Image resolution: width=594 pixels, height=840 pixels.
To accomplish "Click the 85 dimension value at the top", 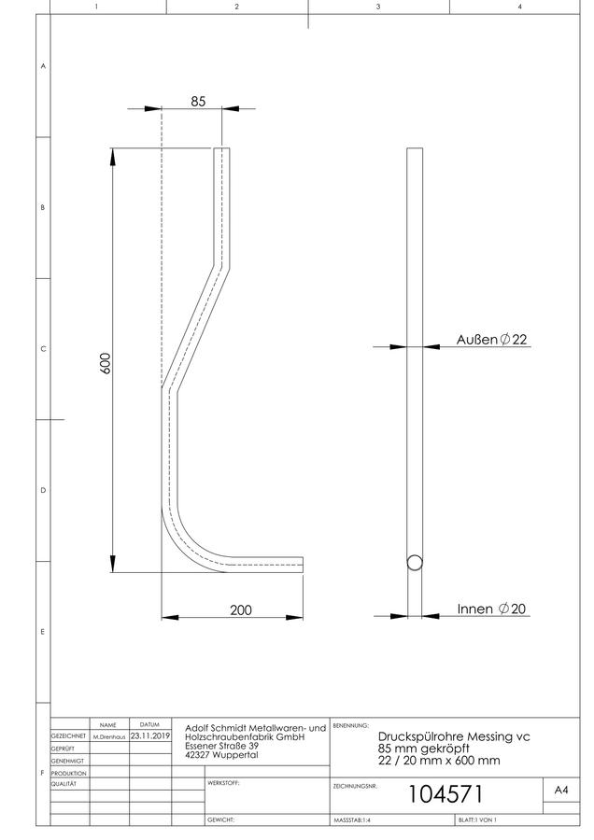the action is (198, 101).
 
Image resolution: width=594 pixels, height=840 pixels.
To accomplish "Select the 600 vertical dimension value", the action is (106, 363).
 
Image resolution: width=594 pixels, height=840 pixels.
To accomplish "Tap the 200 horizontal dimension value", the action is (241, 609).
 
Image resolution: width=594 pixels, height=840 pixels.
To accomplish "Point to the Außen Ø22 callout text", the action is (491, 339).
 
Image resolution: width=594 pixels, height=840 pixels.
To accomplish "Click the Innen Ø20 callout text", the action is (491, 609).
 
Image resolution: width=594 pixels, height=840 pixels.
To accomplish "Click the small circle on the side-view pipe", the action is (415, 563).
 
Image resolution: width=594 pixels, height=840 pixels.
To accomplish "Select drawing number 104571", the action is (445, 794).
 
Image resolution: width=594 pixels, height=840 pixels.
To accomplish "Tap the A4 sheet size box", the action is (561, 790).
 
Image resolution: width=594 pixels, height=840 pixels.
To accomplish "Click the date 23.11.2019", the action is (150, 736).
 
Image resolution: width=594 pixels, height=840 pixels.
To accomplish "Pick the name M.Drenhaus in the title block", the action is (109, 737).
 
